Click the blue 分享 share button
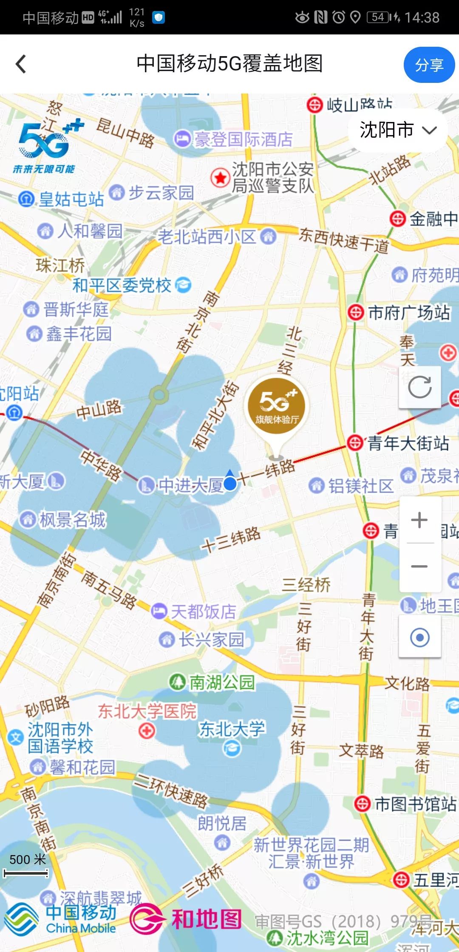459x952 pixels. [429, 65]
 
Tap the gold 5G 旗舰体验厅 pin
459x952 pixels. [276, 406]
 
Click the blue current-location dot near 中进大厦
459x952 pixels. [230, 483]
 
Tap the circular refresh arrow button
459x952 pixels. [419, 387]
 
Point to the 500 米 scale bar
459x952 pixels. [26, 873]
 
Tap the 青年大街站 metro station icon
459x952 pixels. [355, 443]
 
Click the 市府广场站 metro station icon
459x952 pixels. [355, 313]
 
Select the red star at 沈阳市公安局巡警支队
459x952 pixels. [220, 178]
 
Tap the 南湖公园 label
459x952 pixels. [221, 683]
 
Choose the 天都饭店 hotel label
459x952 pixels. [203, 612]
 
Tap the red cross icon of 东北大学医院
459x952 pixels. [147, 731]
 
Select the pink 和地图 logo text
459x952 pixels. [207, 920]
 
